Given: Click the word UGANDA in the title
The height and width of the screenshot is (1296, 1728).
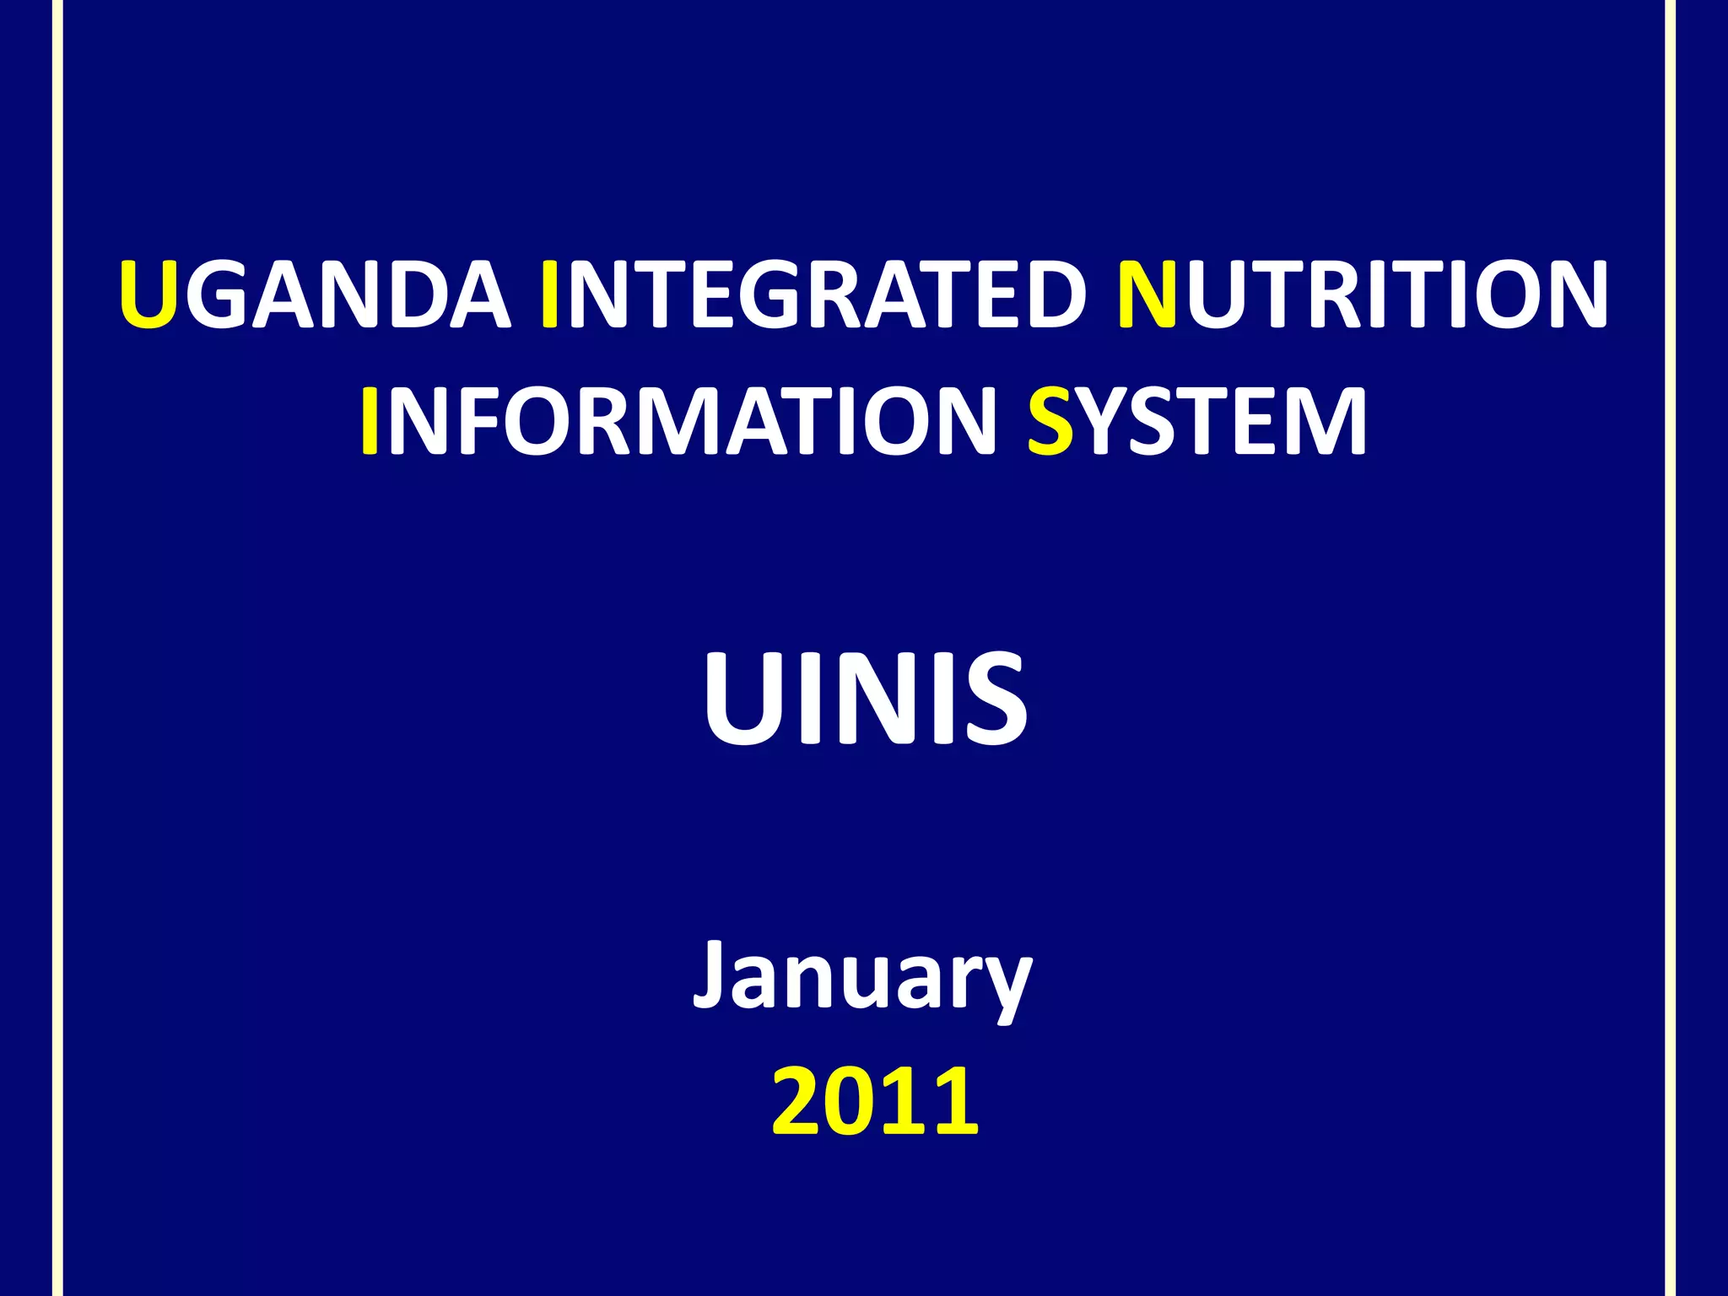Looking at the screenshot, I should (315, 294).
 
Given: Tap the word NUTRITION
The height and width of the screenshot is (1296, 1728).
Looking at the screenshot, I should (1362, 294).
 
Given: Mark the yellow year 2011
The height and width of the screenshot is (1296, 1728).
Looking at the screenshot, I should (875, 1101).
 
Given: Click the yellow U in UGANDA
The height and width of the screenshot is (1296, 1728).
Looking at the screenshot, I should (148, 294).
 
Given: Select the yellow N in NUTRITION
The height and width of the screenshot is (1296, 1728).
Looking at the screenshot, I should (1147, 294).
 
